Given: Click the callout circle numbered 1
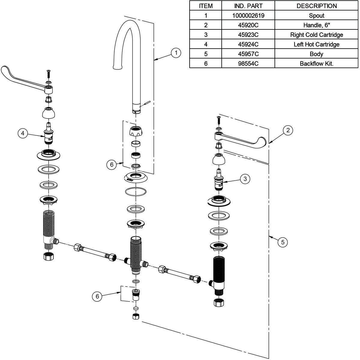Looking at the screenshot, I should coord(176,53).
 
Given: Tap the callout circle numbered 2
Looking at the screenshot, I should coord(288,130).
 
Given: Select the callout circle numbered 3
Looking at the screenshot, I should coord(245,179).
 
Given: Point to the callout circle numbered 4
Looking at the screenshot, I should coord(23,133).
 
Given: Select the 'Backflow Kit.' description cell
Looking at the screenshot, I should coord(316,64).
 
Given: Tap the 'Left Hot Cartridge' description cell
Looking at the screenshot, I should coord(316,44).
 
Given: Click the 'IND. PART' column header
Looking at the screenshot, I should coord(248,6).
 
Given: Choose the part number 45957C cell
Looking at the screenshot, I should coord(248,54).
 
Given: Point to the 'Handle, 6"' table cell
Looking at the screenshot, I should coord(316,25).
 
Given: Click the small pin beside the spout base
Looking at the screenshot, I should coord(146,103).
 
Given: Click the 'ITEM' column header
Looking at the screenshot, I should coord(205,6).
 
